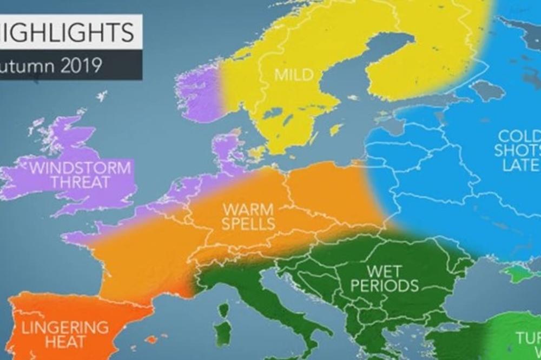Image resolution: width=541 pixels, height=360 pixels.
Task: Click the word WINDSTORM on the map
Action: (x=80, y=167)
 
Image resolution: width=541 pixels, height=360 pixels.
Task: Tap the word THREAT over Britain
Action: (x=80, y=182)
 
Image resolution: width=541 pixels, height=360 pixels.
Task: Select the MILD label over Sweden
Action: (x=294, y=74)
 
